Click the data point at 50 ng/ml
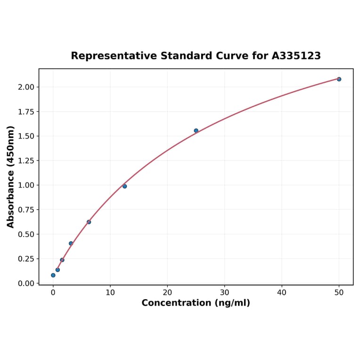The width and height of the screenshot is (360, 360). click(339, 79)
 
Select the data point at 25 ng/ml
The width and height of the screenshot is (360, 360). click(196, 131)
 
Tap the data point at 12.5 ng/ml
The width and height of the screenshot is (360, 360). click(124, 186)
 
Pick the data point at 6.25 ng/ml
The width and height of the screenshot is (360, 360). click(89, 222)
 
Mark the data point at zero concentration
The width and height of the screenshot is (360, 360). click(53, 275)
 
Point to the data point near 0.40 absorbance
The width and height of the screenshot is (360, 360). click(71, 244)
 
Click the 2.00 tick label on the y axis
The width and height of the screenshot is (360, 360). click(26, 87)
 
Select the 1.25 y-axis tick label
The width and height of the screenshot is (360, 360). click(26, 161)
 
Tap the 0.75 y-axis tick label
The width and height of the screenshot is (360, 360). click(26, 210)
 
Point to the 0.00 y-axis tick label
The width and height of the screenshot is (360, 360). click(26, 283)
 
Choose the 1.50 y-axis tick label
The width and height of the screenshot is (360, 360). click(26, 136)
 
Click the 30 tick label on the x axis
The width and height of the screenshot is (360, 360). click(224, 293)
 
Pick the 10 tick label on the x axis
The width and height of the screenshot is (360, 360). click(110, 293)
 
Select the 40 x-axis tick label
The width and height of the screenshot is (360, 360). click(282, 293)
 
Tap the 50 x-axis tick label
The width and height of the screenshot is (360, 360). click(339, 293)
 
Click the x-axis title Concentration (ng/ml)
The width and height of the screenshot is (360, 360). click(196, 303)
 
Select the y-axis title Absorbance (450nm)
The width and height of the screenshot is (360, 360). click(11, 177)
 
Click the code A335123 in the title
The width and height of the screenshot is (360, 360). click(296, 56)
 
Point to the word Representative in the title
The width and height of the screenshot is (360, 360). click(114, 56)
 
